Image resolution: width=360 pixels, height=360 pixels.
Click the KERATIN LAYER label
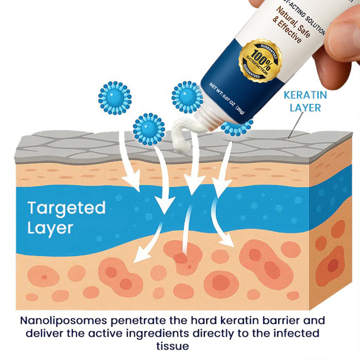point(305,101)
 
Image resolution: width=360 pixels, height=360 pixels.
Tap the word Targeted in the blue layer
point(67,208)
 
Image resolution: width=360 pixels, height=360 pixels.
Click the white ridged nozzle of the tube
point(209,119)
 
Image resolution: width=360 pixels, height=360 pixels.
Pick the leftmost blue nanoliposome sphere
point(114,98)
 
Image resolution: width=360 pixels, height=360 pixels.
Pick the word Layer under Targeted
point(50,228)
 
